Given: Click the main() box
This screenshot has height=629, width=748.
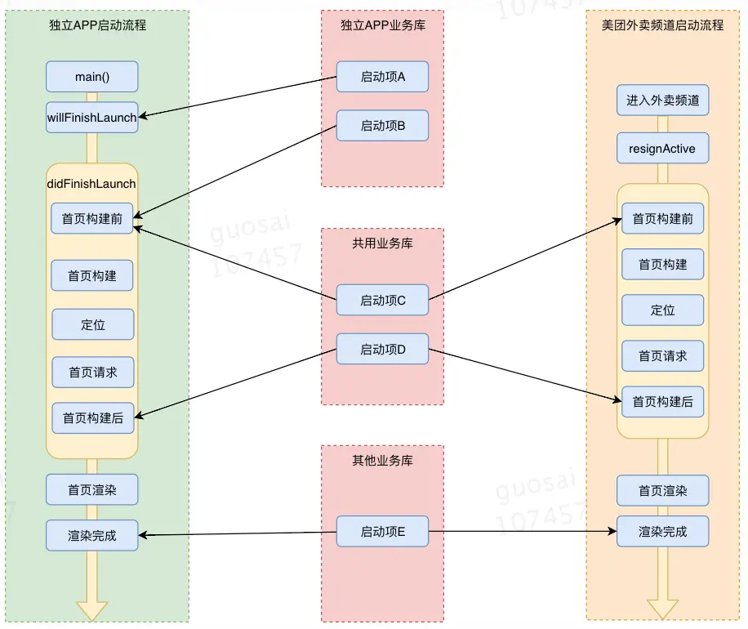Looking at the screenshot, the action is (x=92, y=76).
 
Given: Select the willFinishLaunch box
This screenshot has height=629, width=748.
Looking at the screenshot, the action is (x=92, y=118).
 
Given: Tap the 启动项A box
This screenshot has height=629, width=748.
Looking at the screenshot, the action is (x=383, y=76).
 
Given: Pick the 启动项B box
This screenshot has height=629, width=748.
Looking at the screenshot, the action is (x=383, y=126).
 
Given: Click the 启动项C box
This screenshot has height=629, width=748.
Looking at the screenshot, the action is (x=383, y=300).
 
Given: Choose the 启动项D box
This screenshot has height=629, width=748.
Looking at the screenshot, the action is (x=383, y=349).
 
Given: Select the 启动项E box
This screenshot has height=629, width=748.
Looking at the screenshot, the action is (x=383, y=531).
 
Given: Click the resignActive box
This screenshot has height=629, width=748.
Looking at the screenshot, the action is (x=662, y=149).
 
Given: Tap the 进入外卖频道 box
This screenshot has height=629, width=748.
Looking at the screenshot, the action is (x=662, y=100).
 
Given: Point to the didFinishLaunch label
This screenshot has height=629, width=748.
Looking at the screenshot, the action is (x=91, y=184).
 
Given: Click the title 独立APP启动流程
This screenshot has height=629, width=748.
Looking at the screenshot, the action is (x=98, y=25).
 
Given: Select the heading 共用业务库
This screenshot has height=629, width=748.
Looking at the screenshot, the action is (x=383, y=243).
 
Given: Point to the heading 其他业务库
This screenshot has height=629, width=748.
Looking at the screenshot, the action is (x=383, y=461).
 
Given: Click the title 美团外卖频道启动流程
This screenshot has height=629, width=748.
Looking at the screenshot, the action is (x=662, y=25).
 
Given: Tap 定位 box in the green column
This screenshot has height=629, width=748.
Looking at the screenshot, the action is (x=93, y=324).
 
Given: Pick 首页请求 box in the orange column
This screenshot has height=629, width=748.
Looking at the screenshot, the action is (x=662, y=356).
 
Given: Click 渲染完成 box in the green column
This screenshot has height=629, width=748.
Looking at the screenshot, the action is (x=92, y=535).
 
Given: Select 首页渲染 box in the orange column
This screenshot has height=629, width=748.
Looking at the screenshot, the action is (x=662, y=491).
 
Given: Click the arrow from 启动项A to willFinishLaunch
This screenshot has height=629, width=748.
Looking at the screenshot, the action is (x=238, y=96).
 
